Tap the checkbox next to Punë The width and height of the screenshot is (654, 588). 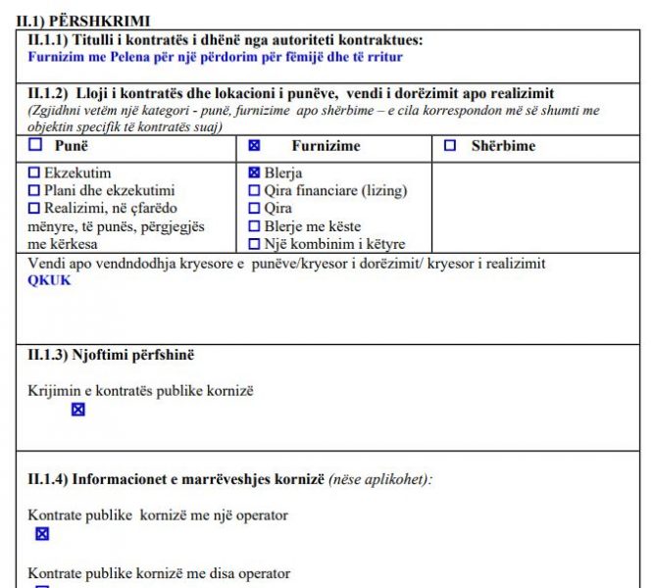click(36, 146)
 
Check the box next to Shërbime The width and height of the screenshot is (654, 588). click(450, 146)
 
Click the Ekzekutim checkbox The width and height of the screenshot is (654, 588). click(34, 173)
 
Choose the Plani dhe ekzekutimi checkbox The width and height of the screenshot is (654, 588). click(34, 191)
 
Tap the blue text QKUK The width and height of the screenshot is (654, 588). click(50, 280)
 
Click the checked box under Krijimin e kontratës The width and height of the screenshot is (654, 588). click(78, 410)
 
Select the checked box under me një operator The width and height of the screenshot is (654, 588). click(42, 534)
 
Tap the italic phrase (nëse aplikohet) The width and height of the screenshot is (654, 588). click(379, 479)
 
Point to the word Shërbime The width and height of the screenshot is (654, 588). click(503, 146)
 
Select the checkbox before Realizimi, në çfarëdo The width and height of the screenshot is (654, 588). click(34, 209)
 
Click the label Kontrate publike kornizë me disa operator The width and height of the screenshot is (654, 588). click(159, 573)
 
